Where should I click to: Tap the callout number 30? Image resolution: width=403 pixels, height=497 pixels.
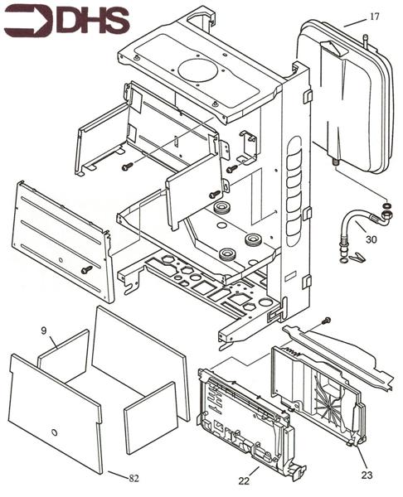371,239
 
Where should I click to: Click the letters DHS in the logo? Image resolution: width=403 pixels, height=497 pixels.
92,21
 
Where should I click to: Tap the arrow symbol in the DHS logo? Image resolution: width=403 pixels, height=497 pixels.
29,21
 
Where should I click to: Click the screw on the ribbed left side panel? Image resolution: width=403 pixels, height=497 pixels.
85,269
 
